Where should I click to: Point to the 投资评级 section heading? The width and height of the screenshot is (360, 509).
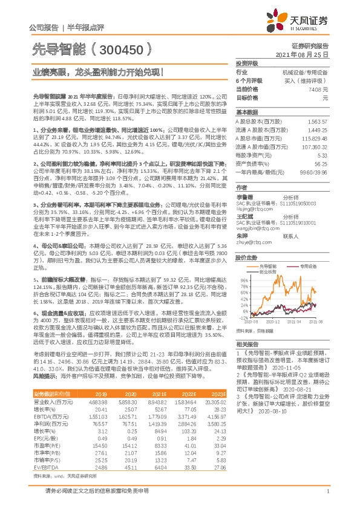tap(247, 63)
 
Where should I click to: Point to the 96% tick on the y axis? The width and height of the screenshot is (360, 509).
tap(244, 280)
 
